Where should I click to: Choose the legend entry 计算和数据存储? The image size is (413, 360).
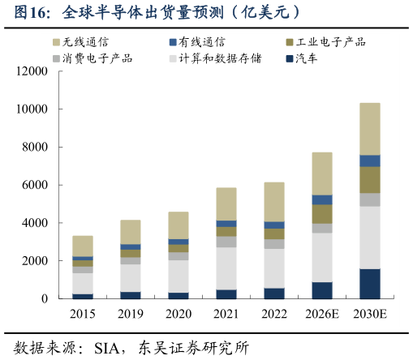219,58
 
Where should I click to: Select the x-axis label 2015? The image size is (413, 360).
83,314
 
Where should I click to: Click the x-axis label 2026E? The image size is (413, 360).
322,314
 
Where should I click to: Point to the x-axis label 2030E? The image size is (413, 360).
370,314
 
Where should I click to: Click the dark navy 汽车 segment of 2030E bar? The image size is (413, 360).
370,283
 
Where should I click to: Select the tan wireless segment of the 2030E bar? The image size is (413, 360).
370,128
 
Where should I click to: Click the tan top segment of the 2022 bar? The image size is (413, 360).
274,201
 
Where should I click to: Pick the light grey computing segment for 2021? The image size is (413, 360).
226,268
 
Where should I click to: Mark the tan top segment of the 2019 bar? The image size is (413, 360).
131,231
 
